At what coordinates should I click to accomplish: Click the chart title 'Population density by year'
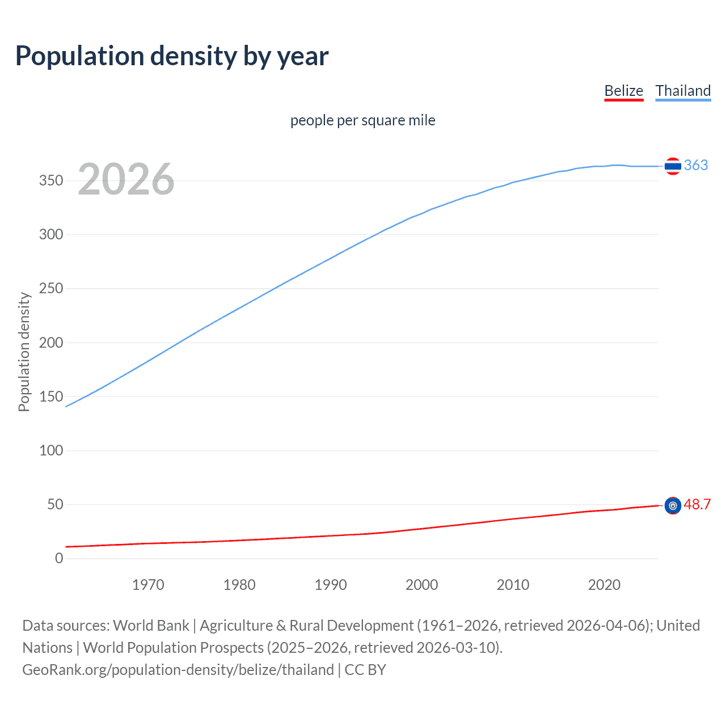click(172, 56)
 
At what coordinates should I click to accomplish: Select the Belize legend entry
click(623, 91)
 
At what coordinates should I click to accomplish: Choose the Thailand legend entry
click(683, 91)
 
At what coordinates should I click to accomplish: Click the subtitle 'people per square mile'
click(362, 120)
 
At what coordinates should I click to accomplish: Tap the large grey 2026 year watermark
click(126, 179)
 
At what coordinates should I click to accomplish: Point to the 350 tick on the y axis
click(51, 181)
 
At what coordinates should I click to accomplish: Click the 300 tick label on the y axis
click(51, 235)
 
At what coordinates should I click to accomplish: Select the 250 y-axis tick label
click(51, 289)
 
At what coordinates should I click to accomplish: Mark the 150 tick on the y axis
click(51, 396)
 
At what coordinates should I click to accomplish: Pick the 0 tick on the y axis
click(59, 558)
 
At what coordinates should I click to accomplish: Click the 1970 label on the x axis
click(148, 585)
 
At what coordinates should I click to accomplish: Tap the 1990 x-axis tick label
click(331, 585)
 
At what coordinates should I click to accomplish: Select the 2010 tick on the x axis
click(513, 585)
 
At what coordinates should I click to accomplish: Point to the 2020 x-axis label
click(604, 585)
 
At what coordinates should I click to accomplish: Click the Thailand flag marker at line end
click(673, 166)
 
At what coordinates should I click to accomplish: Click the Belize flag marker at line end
click(673, 505)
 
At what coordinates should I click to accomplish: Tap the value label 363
click(696, 165)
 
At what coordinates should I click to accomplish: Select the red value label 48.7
click(697, 504)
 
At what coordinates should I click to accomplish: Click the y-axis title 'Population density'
click(24, 352)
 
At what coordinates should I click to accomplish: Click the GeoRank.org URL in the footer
click(178, 670)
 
